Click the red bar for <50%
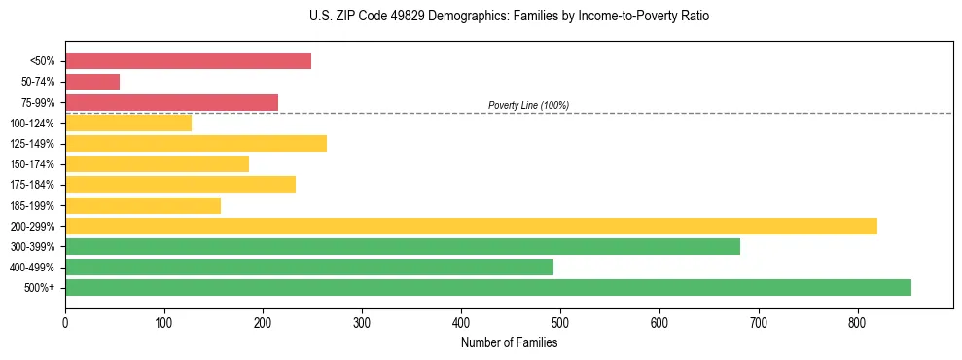[x=188, y=61]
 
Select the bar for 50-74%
[x=92, y=82]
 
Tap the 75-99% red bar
[x=171, y=102]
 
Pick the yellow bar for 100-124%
[x=128, y=123]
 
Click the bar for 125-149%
[x=196, y=143]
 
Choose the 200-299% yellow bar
[x=471, y=226]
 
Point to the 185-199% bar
[x=143, y=205]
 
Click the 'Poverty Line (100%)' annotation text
[x=528, y=105]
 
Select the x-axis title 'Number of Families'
[x=509, y=342]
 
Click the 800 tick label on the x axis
[x=857, y=322]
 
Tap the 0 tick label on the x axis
[x=65, y=322]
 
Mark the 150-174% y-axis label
[x=32, y=164]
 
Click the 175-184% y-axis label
[x=32, y=185]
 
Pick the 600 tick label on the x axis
[x=659, y=322]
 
